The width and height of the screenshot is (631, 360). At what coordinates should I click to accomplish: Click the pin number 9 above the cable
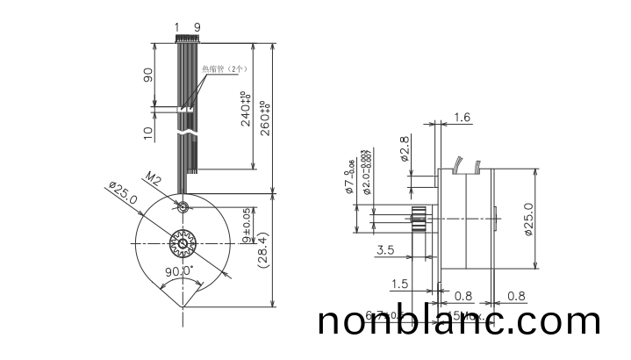[x=197, y=27]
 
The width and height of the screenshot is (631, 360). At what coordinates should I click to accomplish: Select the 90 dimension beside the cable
[x=147, y=76]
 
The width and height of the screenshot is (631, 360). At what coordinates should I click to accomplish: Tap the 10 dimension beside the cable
[x=147, y=132]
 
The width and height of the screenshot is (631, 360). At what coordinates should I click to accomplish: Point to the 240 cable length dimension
[x=247, y=109]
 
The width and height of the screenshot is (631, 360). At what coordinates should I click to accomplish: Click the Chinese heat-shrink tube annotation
[x=226, y=68]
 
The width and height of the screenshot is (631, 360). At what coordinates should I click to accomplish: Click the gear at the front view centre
[x=183, y=242]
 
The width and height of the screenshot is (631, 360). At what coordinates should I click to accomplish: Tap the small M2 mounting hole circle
[x=182, y=207]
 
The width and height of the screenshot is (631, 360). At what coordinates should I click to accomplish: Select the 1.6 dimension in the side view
[x=462, y=117]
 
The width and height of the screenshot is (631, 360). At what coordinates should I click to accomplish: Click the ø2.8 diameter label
[x=405, y=150]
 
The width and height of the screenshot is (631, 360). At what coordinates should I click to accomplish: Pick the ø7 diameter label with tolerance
[x=352, y=175]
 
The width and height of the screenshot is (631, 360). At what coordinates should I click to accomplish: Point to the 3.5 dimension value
[x=384, y=250]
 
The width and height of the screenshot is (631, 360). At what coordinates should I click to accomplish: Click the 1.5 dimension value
[x=399, y=284]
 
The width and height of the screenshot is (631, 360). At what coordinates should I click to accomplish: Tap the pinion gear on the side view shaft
[x=418, y=218]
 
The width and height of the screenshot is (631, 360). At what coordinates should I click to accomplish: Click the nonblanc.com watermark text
[x=459, y=321]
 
